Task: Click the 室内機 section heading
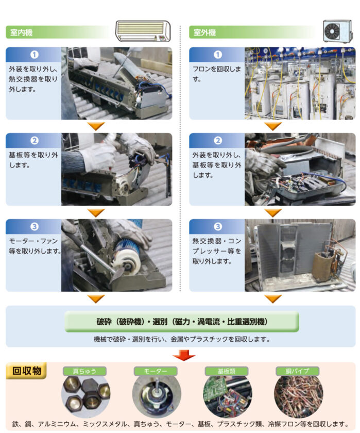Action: [21, 32]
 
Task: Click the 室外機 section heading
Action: [204, 32]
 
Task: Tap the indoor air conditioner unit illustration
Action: [143, 31]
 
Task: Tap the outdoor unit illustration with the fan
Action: [338, 31]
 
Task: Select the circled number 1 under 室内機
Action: [35, 55]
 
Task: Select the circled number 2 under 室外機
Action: [218, 141]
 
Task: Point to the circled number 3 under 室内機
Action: [35, 226]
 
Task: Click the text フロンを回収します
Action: [216, 74]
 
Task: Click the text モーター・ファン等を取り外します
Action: [35, 246]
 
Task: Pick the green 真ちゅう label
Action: [84, 371]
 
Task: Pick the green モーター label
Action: [156, 371]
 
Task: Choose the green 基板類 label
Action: [227, 371]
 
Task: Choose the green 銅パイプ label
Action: [297, 371]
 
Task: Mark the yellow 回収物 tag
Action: [26, 371]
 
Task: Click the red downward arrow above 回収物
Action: [184, 355]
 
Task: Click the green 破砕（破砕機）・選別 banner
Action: [182, 322]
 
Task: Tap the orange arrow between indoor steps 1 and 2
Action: [96, 126]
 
